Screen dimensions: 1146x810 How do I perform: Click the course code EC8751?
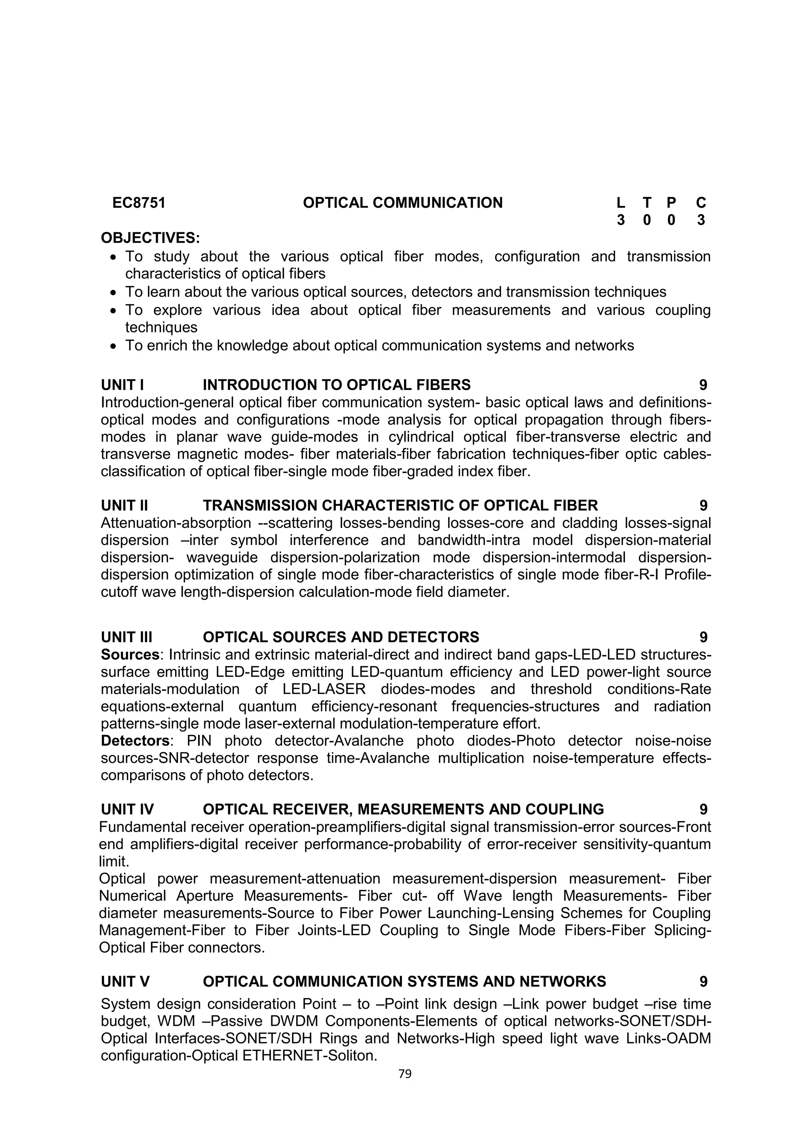[x=139, y=203]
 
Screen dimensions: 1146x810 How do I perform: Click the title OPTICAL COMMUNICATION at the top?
[x=403, y=203]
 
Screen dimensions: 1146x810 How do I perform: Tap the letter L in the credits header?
[x=621, y=203]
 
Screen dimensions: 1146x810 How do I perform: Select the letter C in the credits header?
[x=701, y=203]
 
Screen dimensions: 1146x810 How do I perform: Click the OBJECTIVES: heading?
[x=150, y=237]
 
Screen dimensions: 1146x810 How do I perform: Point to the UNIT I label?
[x=122, y=385]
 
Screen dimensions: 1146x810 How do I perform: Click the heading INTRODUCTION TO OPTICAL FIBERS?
[x=337, y=385]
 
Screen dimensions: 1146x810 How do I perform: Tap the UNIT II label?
[x=124, y=506]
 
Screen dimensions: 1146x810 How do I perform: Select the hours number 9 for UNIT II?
[x=703, y=506]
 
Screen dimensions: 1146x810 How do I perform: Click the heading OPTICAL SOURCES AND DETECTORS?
[x=341, y=638]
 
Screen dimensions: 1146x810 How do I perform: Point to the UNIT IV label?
[x=127, y=809]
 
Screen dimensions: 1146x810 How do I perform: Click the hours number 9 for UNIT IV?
[x=703, y=809]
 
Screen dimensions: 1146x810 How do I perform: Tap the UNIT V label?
[x=125, y=982]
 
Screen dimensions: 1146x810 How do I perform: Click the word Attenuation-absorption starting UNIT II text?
[x=176, y=523]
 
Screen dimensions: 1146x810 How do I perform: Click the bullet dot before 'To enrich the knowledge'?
[x=114, y=346]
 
